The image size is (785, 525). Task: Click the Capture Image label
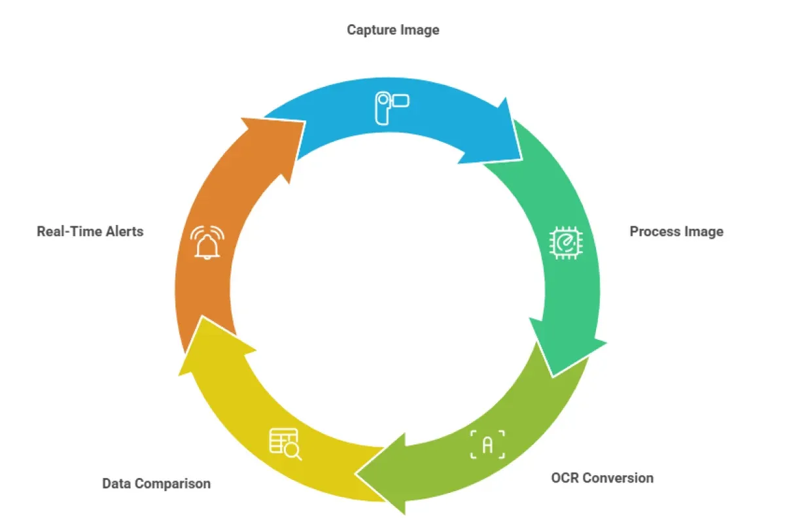coord(392,29)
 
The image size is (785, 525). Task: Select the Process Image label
coord(676,231)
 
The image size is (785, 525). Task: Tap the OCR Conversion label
coord(602,478)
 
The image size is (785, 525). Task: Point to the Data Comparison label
coord(156,484)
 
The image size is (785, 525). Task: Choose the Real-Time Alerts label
coord(90,231)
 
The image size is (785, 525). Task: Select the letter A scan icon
coord(488,445)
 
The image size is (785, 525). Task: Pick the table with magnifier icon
coord(285,444)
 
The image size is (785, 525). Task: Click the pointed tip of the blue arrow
coord(521,159)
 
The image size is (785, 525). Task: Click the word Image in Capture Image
coord(421,29)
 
